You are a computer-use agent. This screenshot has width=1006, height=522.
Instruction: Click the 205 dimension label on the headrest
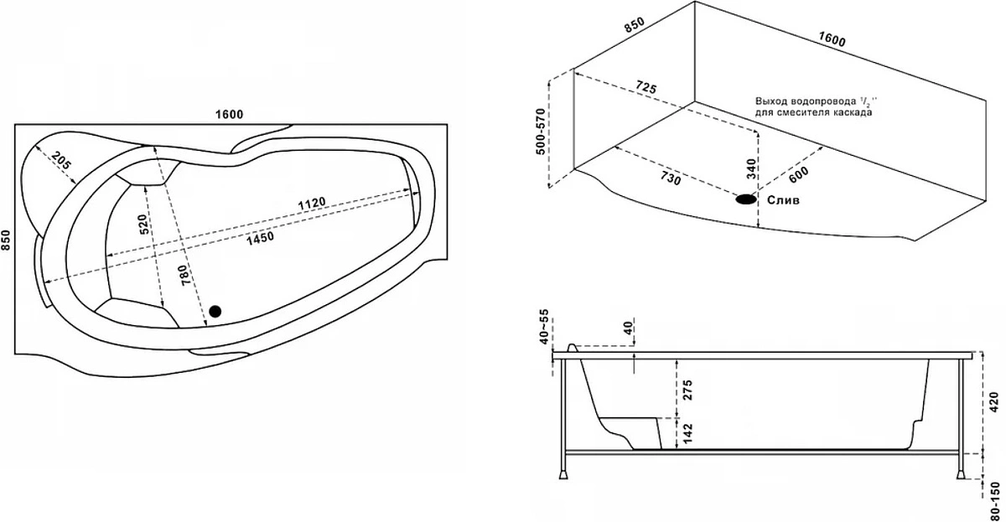point(61,161)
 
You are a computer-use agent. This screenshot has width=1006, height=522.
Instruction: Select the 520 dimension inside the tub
point(143,224)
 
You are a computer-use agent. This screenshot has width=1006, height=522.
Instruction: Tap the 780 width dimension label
point(186,276)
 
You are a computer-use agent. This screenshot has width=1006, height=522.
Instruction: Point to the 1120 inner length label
point(312,204)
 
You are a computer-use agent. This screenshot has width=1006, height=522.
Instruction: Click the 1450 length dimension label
point(261,238)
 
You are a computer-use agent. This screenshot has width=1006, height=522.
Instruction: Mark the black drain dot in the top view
point(215,311)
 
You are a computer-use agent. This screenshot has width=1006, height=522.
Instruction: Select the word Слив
point(783,199)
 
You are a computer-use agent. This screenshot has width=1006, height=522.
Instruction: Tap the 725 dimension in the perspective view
point(646,86)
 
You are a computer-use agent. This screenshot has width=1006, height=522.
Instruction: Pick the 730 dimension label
point(671,178)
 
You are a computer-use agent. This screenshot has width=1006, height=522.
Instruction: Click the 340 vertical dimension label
point(751,168)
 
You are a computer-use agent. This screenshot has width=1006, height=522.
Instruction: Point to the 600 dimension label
point(798,174)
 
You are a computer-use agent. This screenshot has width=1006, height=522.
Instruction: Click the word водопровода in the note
point(823,101)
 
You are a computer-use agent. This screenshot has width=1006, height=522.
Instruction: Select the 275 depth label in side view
point(687,390)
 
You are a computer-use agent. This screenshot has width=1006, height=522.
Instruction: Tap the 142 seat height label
point(687,433)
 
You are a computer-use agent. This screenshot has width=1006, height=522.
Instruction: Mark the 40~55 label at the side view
point(544,326)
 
